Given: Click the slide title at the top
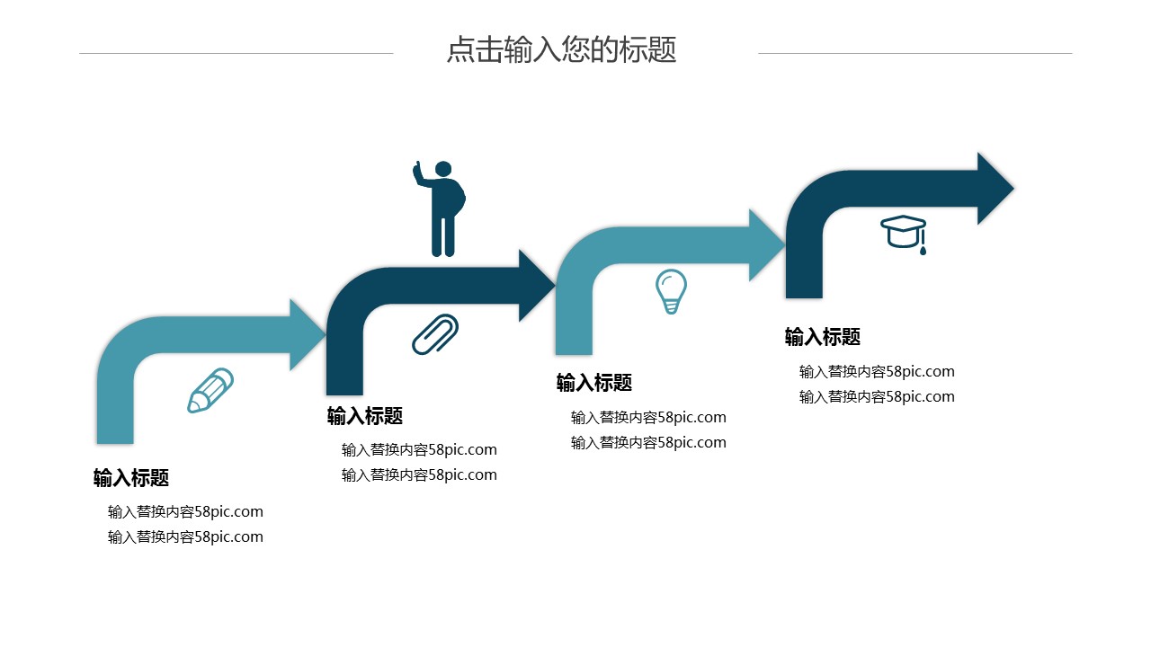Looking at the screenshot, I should [561, 50].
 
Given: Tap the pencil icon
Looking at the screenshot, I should [210, 390].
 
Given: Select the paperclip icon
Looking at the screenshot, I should [435, 334].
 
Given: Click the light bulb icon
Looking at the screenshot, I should [671, 290].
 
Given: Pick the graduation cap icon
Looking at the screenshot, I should [904, 231].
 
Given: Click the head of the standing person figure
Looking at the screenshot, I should [442, 169].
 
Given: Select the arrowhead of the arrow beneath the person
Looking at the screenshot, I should [537, 286].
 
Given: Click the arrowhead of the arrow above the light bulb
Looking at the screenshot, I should [767, 245].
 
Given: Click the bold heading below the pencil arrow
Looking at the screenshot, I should [131, 478].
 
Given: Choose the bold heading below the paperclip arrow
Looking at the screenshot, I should [365, 416].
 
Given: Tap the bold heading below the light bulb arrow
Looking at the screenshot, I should [594, 383].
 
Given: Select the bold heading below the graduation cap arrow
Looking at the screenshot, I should [823, 337].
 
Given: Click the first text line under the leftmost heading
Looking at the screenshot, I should [185, 512].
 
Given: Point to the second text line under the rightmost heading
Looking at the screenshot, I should [877, 397].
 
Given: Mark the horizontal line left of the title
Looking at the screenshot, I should [236, 53].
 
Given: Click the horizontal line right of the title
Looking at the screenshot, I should [915, 53].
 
